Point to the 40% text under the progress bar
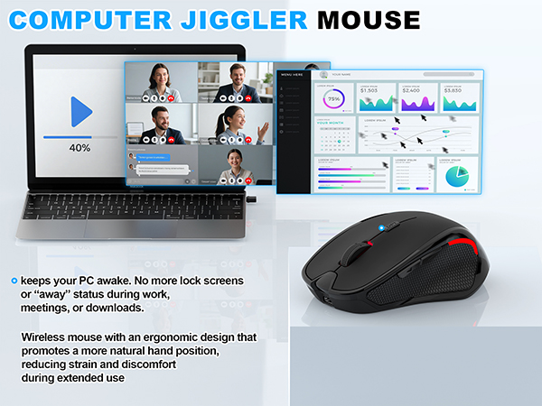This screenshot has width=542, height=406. (80, 147)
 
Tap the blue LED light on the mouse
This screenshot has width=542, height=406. (384, 226)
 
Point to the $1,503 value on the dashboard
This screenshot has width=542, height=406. (369, 90)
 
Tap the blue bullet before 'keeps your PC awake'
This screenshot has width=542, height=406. (14, 281)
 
